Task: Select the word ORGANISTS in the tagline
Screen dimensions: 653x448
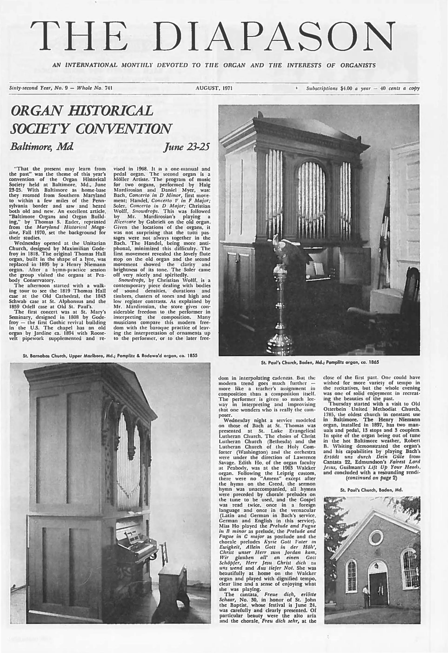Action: [x=358, y=66]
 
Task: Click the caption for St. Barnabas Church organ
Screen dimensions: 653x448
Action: [x=110, y=355]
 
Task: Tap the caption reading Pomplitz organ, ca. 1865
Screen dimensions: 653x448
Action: [x=320, y=362]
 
